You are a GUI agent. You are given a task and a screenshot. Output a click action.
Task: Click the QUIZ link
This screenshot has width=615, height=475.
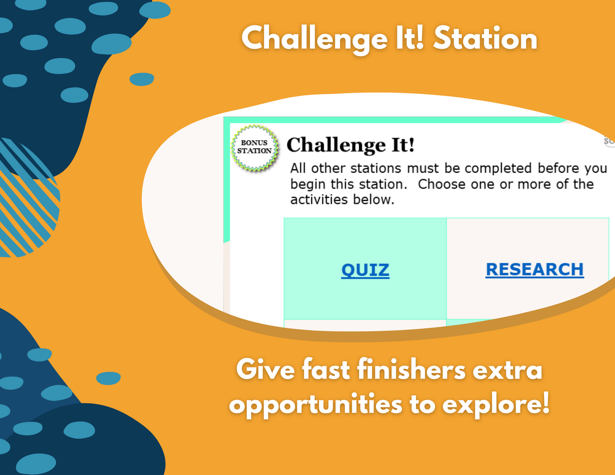pos(365,271)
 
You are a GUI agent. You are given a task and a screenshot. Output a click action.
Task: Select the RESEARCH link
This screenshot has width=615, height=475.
pos(534,270)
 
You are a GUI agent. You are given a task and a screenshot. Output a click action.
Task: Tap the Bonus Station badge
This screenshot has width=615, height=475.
pos(254,147)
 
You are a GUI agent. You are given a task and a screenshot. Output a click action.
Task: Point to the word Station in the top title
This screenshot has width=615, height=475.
pos(485,39)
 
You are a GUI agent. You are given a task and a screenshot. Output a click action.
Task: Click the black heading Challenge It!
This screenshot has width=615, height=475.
pos(350,145)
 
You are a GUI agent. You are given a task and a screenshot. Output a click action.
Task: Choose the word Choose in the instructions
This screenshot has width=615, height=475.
pos(441,184)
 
